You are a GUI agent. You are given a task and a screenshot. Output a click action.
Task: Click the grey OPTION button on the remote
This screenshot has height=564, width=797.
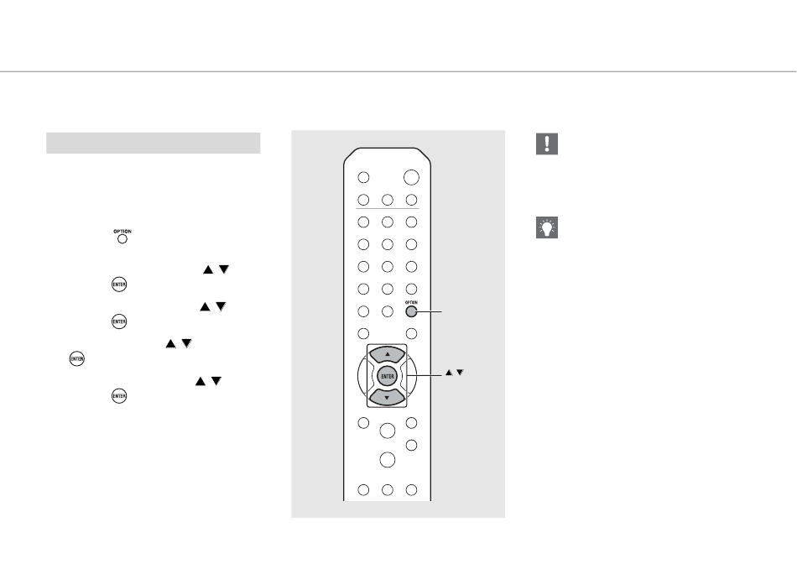pos(411,311)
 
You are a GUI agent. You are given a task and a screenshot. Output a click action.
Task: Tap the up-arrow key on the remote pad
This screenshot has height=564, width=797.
pos(388,355)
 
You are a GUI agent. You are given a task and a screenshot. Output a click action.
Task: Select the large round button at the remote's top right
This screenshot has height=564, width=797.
pos(411,178)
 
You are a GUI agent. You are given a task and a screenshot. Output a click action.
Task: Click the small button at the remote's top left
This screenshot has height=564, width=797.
pos(363,178)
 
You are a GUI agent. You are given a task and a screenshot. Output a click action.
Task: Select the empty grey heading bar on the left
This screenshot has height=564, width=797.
pos(153,143)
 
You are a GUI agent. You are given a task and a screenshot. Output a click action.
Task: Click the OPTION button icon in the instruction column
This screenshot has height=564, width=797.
pos(122,238)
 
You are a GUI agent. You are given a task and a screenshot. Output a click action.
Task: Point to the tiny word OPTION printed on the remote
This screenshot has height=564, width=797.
pos(411,301)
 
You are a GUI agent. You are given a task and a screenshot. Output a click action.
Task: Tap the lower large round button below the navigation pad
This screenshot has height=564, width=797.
pos(388,460)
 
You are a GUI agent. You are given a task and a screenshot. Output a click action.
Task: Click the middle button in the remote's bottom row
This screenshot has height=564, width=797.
pos(388,489)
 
